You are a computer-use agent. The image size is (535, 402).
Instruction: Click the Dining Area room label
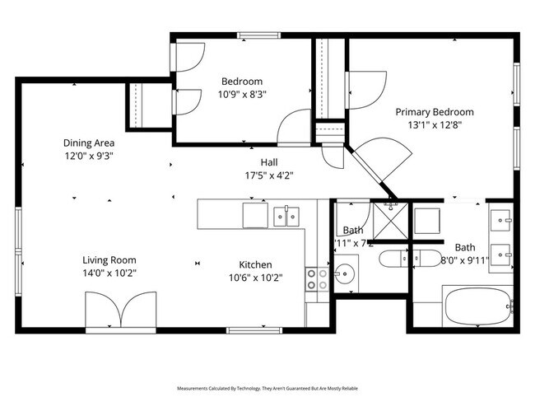pyautogui.click(x=89, y=142)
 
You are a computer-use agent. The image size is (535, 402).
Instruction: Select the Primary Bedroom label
pyautogui.click(x=435, y=112)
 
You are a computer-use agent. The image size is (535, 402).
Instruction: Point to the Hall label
pyautogui.click(x=269, y=162)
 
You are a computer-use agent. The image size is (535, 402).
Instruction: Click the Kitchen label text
pyautogui.click(x=255, y=264)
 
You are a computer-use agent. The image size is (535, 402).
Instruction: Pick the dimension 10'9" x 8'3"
pyautogui.click(x=242, y=94)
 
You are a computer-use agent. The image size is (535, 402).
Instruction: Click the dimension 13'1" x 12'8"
pyautogui.click(x=435, y=125)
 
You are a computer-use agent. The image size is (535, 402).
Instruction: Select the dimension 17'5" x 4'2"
pyautogui.click(x=269, y=175)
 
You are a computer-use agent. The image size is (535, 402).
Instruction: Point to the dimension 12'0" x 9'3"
pyautogui.click(x=89, y=155)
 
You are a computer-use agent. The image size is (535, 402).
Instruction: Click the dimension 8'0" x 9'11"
pyautogui.click(x=465, y=260)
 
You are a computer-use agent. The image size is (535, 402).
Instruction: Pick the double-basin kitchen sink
pyautogui.click(x=286, y=216)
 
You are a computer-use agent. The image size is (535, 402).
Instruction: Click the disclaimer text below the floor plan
pyautogui.click(x=267, y=387)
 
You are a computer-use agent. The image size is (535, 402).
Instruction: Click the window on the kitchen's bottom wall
pyautogui.click(x=251, y=330)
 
